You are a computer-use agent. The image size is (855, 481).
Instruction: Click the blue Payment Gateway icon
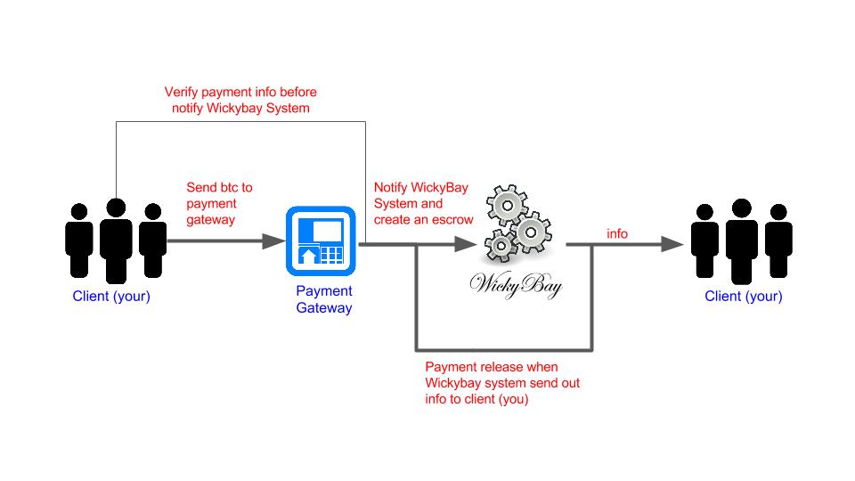tap(320, 240)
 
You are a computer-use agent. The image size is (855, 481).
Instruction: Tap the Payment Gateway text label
tap(324, 299)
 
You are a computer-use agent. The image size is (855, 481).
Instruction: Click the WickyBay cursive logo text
tap(516, 287)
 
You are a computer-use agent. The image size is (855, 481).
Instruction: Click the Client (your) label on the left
tap(111, 297)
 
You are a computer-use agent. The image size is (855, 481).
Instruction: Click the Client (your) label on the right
tap(743, 297)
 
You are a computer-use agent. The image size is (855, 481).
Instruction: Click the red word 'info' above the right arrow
tap(617, 233)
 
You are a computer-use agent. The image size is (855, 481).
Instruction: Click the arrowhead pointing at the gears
tap(464, 240)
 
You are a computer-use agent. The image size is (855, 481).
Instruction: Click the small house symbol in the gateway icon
tap(307, 257)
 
